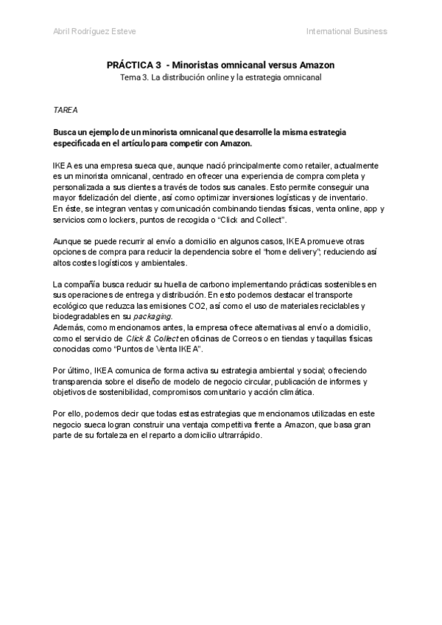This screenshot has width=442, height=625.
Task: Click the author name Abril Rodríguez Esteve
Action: (95, 31)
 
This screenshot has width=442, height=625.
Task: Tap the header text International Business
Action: (346, 31)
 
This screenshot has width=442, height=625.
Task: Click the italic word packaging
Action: (154, 316)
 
